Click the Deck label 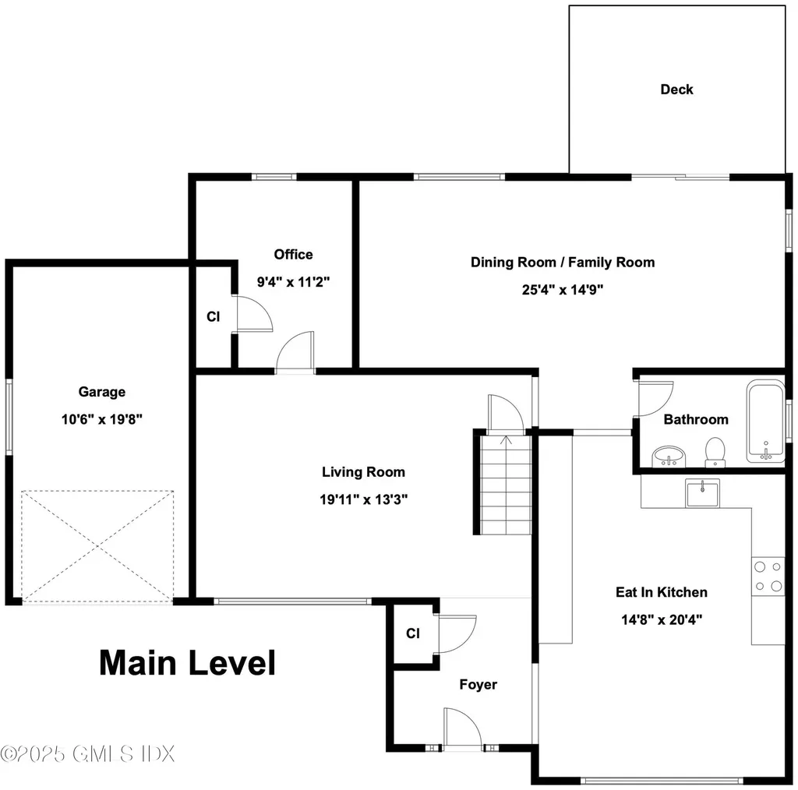coord(676,90)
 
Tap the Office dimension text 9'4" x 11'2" coord(293,282)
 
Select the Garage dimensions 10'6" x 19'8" coord(102,419)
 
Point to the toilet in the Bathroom coord(715,452)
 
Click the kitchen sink coord(702,493)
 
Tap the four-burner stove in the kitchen coord(768,576)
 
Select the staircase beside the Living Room coord(506,485)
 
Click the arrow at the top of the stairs coord(506,440)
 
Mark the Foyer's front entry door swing coord(462,728)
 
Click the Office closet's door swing coord(255,313)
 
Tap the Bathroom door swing coord(655,398)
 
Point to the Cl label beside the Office coord(214,317)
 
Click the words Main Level coord(187,663)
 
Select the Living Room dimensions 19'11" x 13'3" coord(363,499)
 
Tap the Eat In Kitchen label coord(661,592)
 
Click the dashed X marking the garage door coord(97,546)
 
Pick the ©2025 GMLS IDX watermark coord(87,753)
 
